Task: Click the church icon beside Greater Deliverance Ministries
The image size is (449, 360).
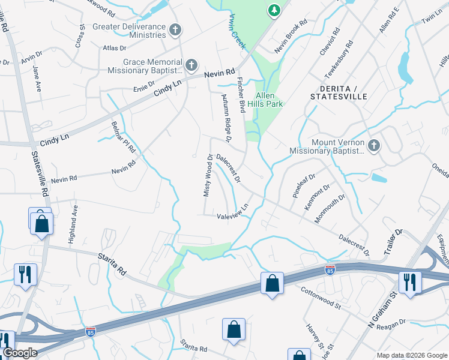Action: pyautogui.click(x=175, y=30)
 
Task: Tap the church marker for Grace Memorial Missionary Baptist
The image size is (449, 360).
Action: pyautogui.click(x=191, y=65)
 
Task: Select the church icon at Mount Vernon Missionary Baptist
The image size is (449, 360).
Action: pyautogui.click(x=373, y=146)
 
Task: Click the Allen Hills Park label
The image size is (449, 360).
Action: pyautogui.click(x=269, y=100)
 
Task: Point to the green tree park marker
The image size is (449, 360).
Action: pyautogui.click(x=274, y=10)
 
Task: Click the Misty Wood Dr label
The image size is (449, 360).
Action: pyautogui.click(x=207, y=176)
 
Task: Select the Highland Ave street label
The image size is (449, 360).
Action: pyautogui.click(x=74, y=224)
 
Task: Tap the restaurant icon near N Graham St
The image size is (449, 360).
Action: pyautogui.click(x=409, y=283)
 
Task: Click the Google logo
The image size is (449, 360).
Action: pyautogui.click(x=20, y=353)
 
